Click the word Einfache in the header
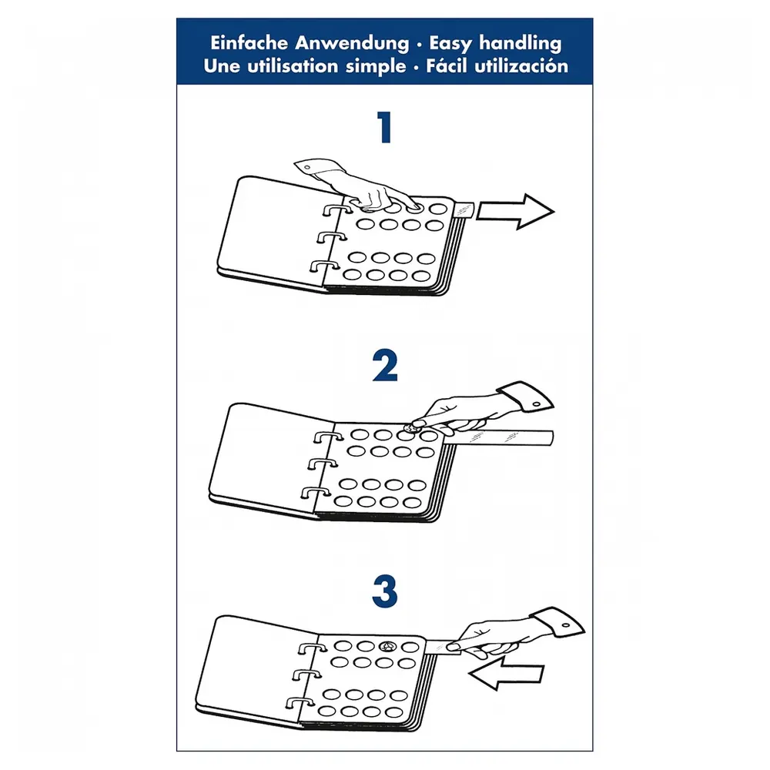point(249,42)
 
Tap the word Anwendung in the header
point(352,43)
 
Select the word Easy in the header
point(450,44)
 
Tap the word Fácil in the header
point(447,65)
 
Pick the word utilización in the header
point(521,65)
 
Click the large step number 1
point(384,127)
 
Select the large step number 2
point(384,365)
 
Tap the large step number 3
point(384,591)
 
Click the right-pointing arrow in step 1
point(515,211)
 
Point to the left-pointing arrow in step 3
point(506,673)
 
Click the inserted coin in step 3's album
point(388,646)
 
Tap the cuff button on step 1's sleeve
point(307,168)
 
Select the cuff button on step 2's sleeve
point(536,405)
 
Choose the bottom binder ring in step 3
point(299,702)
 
